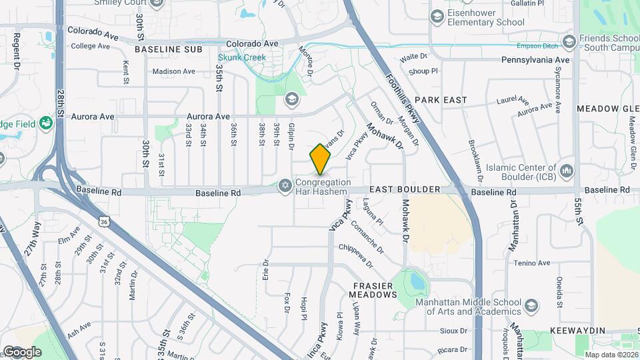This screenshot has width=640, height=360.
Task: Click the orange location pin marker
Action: pos(321,160)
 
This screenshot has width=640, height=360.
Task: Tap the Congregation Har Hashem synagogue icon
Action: pos(285,183)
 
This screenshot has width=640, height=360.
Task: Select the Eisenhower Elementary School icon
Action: pos(437,16)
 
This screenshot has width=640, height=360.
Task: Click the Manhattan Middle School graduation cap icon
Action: pos(531,306)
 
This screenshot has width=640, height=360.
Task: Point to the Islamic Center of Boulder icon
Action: pos(567,171)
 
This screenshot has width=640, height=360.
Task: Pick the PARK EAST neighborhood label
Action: pos(441,100)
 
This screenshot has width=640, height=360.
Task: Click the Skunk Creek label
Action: pos(241,57)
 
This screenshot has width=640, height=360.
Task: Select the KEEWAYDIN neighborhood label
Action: pos(577,331)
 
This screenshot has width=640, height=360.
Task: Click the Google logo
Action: pos(22,351)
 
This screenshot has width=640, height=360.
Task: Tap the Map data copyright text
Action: pos(611,354)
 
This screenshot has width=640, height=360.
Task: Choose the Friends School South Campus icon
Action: pos(569,42)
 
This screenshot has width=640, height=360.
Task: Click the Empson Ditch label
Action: pos(538,47)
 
